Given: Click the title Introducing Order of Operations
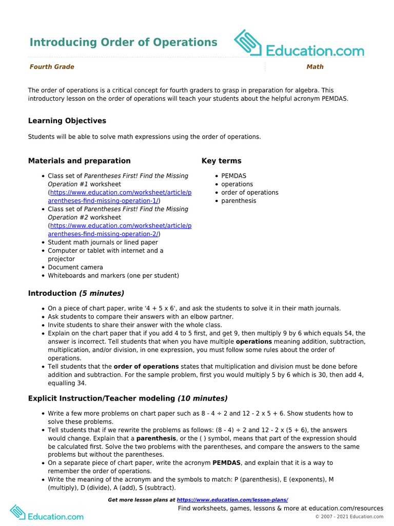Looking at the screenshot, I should click(123, 42).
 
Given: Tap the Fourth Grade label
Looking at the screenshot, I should click(52, 67).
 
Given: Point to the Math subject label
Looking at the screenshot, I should click(315, 67).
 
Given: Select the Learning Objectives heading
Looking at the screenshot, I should click(67, 121).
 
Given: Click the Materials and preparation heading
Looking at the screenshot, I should click(79, 161).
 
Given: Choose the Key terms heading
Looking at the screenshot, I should click(221, 161).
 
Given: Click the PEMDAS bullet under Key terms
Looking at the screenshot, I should click(233, 176).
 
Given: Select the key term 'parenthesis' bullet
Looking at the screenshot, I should click(239, 201).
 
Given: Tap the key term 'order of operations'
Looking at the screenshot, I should click(250, 193).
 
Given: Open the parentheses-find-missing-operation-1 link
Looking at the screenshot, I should click(120, 197).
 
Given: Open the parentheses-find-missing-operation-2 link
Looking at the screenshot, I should click(120, 230).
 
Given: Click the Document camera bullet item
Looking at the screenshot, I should click(75, 267).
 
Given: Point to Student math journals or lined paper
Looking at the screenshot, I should click(103, 242).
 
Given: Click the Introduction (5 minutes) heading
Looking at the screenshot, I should click(76, 293).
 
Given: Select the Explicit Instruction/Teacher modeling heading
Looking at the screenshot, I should click(128, 398).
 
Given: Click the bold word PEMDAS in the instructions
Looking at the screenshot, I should click(227, 463).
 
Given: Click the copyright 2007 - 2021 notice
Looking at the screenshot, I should click(349, 517).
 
